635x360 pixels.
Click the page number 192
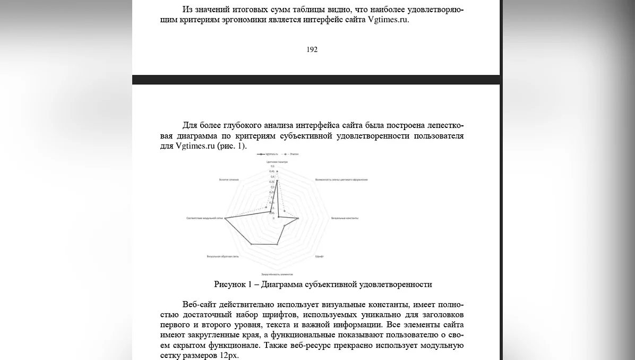[312, 49]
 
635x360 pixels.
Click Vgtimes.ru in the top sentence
[388, 20]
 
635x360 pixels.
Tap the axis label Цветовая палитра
[277, 161]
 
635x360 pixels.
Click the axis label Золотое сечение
[229, 179]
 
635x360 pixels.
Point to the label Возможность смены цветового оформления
[341, 179]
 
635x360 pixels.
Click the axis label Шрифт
[320, 256]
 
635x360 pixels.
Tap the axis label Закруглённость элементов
[277, 275]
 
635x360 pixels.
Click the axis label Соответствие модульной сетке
[204, 218]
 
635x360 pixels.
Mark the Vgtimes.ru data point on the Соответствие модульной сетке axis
[226, 218]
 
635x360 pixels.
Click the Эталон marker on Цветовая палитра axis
[277, 171]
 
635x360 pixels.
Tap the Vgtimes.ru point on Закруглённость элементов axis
[277, 244]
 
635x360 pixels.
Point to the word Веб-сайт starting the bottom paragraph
[199, 305]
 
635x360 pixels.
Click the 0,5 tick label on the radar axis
[272, 166]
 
